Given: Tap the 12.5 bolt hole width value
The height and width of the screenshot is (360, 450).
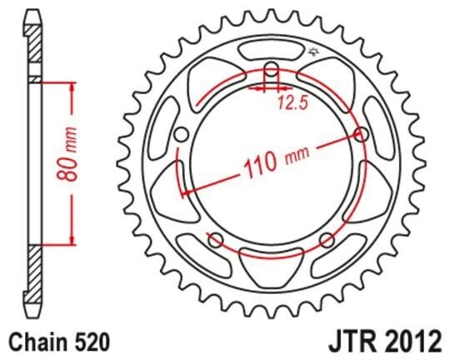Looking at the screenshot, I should [281, 103].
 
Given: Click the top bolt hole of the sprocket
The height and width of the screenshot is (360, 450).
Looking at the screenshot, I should [272, 70].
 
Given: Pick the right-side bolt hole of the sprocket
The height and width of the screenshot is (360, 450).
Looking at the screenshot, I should [361, 135].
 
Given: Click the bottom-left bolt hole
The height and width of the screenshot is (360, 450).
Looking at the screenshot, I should [216, 242].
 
